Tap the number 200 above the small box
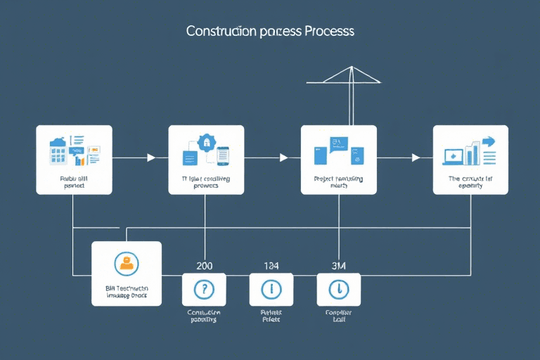tap(204, 265)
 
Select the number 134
tap(271, 265)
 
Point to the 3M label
tap(339, 265)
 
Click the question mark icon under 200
tap(204, 289)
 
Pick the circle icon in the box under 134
tap(271, 289)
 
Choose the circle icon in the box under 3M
tap(339, 289)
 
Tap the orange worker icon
tap(127, 263)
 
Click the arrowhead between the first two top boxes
tap(150, 157)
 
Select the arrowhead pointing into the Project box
tap(283, 157)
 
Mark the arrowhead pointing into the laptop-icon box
tap(416, 157)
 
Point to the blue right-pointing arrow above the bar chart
tap(487, 141)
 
